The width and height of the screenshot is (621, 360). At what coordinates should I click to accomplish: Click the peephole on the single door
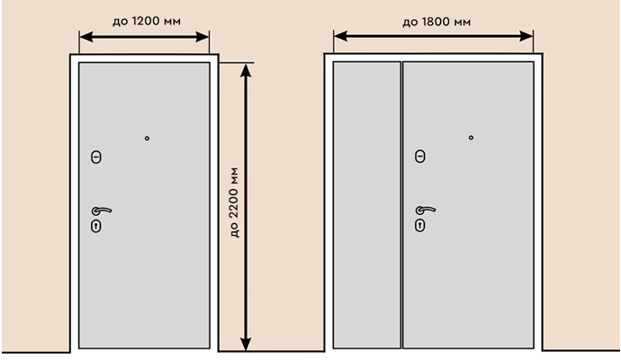tap(147, 139)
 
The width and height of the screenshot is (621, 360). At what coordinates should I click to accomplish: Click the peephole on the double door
tap(471, 138)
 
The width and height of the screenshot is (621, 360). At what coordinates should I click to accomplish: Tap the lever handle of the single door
tap(102, 211)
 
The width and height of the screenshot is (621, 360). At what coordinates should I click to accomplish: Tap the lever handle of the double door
tap(426, 210)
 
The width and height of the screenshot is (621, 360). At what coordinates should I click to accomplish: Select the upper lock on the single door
tap(96, 157)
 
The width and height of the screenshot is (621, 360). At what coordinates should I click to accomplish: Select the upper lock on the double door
tap(420, 157)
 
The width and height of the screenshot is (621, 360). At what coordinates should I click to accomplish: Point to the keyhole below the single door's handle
tap(96, 227)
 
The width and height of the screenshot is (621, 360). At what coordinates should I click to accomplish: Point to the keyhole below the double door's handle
tap(420, 226)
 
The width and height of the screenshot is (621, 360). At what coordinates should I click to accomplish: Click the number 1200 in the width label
tap(145, 21)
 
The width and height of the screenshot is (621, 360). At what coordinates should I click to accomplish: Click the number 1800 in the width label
tap(436, 22)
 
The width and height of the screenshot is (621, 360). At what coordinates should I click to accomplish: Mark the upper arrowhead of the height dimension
tap(246, 70)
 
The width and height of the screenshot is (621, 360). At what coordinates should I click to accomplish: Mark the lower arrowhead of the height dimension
tap(246, 344)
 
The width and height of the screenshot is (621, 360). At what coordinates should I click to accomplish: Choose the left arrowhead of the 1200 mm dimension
tap(86, 37)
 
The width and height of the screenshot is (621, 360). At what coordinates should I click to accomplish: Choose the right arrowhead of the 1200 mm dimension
tap(202, 37)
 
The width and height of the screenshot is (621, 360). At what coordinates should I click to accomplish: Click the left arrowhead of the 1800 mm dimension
tap(341, 36)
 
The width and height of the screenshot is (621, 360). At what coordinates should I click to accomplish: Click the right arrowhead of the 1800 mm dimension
tap(526, 36)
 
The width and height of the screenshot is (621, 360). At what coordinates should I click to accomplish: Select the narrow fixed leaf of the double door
tap(366, 205)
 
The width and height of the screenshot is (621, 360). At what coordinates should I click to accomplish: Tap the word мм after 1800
tap(463, 22)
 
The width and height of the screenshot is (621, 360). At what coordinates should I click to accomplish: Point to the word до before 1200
tap(121, 22)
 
